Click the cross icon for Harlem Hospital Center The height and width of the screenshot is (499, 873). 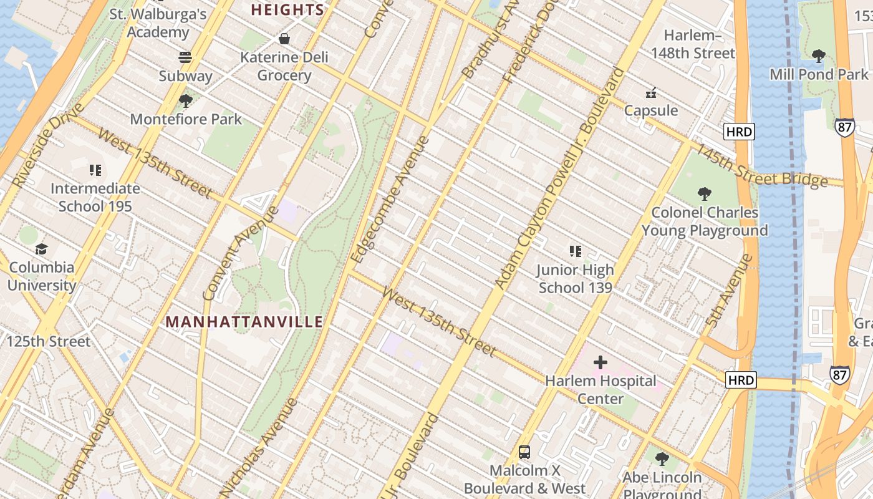tap(600, 362)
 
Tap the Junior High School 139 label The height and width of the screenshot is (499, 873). tap(575, 279)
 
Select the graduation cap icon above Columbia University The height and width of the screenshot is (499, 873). tap(41, 249)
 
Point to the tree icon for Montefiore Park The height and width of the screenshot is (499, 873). tap(185, 100)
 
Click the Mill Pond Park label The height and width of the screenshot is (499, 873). tap(819, 74)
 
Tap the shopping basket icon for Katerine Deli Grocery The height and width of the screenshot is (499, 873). tap(284, 39)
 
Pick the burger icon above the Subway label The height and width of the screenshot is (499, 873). tap(185, 57)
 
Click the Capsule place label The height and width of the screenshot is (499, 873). tap(651, 110)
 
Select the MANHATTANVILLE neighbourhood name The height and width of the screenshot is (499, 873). tap(244, 322)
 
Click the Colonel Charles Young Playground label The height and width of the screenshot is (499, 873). tap(705, 221)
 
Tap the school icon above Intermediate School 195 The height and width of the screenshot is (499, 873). tap(95, 170)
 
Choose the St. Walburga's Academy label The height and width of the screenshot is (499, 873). tap(158, 23)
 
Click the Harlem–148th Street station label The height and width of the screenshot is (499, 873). tap(693, 44)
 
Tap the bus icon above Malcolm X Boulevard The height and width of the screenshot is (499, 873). tap(524, 452)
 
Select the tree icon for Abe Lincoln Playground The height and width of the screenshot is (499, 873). tap(662, 459)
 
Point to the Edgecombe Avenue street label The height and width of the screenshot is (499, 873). tap(390, 199)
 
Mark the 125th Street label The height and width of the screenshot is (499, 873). tap(48, 341)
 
